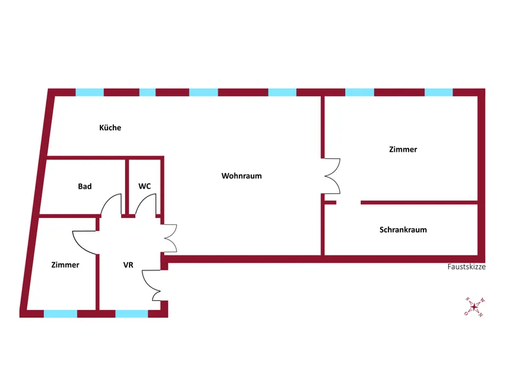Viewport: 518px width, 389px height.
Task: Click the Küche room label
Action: tap(110, 128)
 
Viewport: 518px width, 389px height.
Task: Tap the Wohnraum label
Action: tap(242, 176)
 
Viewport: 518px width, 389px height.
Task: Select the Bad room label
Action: tap(85, 186)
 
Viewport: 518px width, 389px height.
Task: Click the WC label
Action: tap(144, 186)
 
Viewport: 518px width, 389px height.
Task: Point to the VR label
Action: tap(128, 265)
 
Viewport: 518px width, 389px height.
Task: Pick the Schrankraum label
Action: tap(403, 230)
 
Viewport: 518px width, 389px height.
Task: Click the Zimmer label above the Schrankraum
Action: tap(403, 149)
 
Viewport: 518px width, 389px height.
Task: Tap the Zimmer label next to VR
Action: tap(65, 265)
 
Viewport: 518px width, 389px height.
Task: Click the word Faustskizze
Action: tap(466, 266)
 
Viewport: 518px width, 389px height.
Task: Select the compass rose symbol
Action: tap(474, 306)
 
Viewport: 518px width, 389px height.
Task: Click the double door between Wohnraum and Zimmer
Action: tap(332, 175)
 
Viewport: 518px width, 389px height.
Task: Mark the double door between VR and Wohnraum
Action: tap(170, 239)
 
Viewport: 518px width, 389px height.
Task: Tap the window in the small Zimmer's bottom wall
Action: tap(60, 314)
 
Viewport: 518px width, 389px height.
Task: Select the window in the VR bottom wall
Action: tap(131, 314)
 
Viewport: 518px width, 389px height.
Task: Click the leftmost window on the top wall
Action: tap(89, 92)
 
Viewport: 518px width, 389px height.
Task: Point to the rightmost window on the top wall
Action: tap(438, 92)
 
